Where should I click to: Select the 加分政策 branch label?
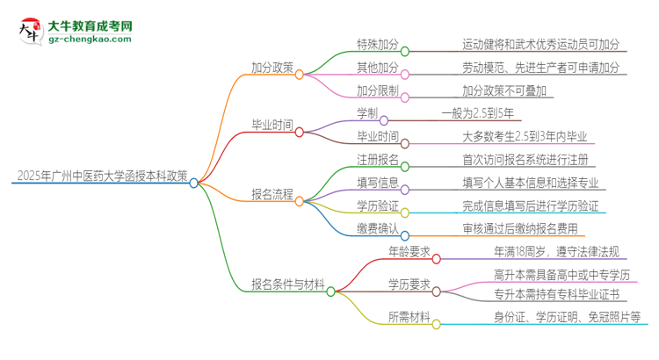[x=272, y=67]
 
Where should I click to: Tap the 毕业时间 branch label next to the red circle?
[x=272, y=125]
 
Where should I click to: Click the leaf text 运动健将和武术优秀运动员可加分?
[x=541, y=43]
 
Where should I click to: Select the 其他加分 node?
[x=379, y=67]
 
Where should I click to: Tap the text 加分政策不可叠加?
[x=507, y=90]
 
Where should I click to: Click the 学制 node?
[x=367, y=114]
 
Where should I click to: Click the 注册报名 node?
[x=378, y=161]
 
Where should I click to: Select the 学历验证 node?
[x=378, y=206]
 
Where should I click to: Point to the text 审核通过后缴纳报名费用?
[x=520, y=229]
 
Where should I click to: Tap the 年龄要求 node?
[x=409, y=252]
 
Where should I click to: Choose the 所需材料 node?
[x=409, y=317]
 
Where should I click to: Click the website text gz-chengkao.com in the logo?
[x=91, y=40]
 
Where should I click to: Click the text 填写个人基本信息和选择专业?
[x=531, y=184]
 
